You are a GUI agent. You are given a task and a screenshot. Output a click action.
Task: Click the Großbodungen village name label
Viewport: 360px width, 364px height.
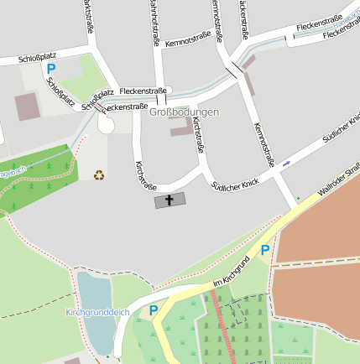184,112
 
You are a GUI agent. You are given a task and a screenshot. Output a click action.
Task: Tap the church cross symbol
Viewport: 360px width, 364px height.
168,200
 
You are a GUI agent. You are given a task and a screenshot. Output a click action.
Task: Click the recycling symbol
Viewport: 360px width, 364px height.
99,175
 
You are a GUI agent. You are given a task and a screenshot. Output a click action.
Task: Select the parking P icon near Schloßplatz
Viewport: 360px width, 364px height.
50,69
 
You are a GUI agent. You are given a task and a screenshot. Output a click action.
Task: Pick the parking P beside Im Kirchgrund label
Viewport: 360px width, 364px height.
264,249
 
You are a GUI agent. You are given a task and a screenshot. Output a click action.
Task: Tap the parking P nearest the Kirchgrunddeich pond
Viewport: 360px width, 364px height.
154,310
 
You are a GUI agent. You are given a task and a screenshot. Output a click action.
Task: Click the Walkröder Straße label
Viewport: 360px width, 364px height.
338,182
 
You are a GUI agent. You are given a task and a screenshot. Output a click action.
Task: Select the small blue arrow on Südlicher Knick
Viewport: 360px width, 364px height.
287,163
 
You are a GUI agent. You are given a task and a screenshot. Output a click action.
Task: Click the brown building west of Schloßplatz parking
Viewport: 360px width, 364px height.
27,107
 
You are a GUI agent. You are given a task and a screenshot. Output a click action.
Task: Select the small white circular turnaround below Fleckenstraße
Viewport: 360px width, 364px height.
107,124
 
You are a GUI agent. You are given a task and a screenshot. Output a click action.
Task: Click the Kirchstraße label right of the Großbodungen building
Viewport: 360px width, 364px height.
200,135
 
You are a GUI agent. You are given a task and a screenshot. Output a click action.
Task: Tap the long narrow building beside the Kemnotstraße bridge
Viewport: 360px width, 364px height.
248,78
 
